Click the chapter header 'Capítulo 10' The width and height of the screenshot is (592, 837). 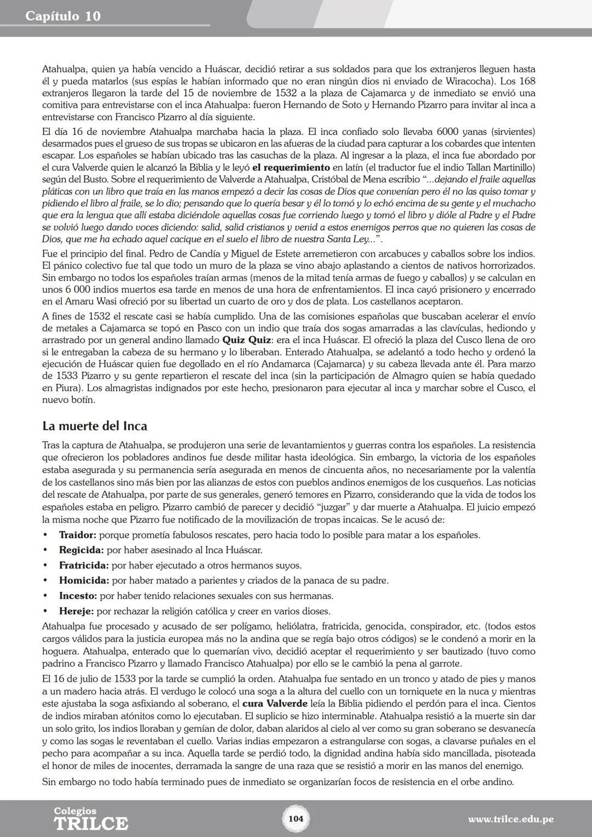(x=63, y=16)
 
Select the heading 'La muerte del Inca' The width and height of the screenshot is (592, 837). (x=94, y=426)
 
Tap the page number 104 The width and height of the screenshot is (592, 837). (x=295, y=819)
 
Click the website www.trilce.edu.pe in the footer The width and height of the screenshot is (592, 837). (x=510, y=819)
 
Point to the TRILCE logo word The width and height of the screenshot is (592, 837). (x=90, y=824)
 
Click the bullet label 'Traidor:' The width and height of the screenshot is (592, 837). (x=77, y=534)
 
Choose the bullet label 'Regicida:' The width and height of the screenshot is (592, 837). (x=81, y=550)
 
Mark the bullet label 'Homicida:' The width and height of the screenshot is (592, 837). (x=84, y=580)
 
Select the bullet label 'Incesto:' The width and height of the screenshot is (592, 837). (x=78, y=596)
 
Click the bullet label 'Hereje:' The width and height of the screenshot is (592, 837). (x=76, y=611)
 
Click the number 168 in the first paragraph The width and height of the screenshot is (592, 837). (x=527, y=81)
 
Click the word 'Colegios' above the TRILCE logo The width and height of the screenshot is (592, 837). (x=75, y=811)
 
